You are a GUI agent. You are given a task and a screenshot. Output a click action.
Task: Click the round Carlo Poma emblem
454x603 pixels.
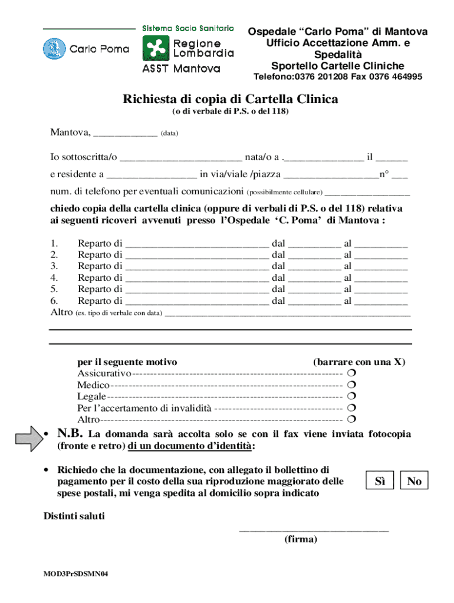click(54, 49)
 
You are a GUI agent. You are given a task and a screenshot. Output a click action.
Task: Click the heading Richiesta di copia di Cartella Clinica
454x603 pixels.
click(230, 99)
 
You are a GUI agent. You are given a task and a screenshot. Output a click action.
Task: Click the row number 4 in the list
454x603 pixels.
click(54, 277)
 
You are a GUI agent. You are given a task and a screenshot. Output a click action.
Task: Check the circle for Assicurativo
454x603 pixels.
click(351, 374)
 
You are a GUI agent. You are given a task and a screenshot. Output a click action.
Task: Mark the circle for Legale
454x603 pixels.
click(351, 397)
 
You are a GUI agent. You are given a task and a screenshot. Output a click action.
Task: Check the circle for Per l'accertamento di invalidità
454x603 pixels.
click(351, 408)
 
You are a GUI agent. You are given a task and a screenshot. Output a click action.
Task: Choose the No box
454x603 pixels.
click(414, 481)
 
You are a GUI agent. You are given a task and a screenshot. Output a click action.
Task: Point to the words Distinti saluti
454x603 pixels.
click(74, 516)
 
